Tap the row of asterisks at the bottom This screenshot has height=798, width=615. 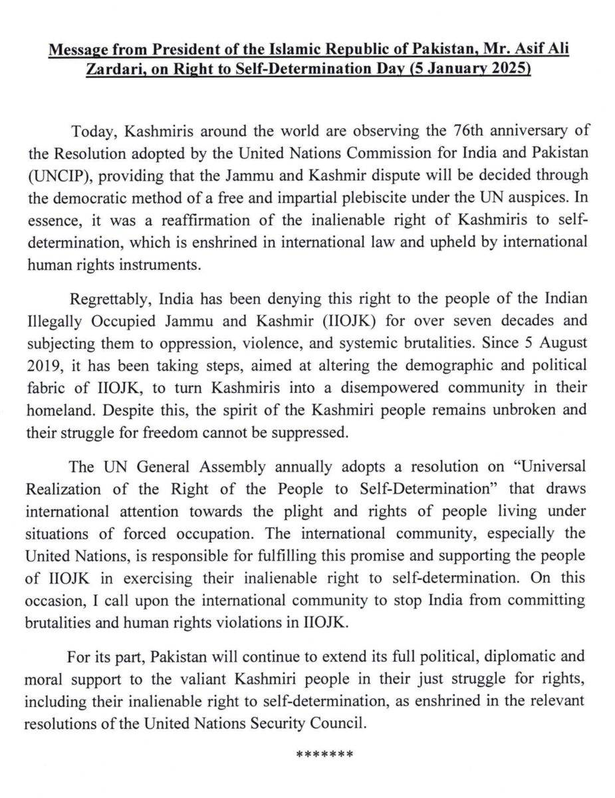[x=323, y=756]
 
